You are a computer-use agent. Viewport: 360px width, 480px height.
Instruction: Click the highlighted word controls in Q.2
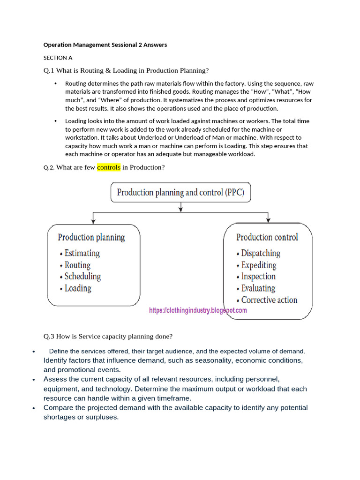(109, 167)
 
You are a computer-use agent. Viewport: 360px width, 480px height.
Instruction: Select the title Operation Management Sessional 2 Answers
(105, 45)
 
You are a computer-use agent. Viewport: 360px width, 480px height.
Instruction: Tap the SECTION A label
(58, 58)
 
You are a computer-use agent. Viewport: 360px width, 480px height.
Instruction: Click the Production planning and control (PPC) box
(180, 192)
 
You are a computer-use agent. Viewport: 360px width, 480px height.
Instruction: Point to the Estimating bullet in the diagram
(82, 253)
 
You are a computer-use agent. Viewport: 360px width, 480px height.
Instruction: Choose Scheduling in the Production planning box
(82, 277)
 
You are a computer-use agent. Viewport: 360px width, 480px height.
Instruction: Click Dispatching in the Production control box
(261, 253)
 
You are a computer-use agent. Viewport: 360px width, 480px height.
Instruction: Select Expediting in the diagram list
(259, 265)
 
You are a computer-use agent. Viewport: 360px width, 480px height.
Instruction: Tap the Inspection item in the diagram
(258, 277)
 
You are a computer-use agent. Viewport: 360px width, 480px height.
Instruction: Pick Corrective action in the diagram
(269, 300)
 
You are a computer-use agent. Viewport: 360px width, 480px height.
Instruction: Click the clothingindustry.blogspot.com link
(198, 310)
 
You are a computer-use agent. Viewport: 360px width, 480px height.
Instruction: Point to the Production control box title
(267, 237)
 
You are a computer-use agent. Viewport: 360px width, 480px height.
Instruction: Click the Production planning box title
(91, 237)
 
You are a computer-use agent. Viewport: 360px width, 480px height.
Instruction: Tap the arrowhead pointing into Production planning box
(94, 220)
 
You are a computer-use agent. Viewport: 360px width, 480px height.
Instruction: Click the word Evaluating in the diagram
(258, 288)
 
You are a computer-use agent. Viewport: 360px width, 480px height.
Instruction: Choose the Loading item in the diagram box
(78, 288)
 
